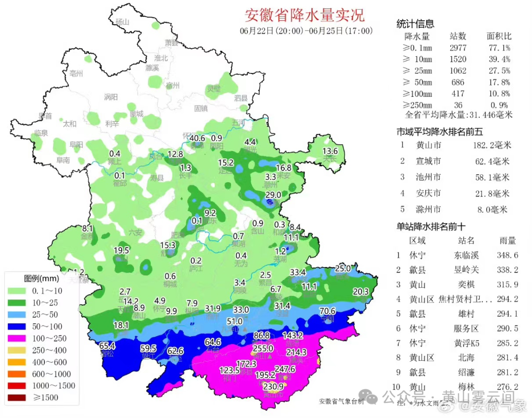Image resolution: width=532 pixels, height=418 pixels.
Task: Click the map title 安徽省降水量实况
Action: click(x=304, y=15)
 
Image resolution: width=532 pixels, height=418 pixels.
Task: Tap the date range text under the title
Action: click(x=306, y=31)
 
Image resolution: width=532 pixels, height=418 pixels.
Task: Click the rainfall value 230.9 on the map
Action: click(x=273, y=386)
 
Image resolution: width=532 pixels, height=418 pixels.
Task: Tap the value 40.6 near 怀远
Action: click(x=197, y=138)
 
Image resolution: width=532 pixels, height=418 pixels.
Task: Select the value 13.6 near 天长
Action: click(x=330, y=151)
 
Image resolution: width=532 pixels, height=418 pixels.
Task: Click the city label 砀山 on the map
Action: click(x=121, y=22)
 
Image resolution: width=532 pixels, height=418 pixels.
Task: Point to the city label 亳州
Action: click(x=76, y=74)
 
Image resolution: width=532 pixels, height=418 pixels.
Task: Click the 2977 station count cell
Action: click(x=458, y=48)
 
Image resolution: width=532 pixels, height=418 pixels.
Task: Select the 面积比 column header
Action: click(x=499, y=36)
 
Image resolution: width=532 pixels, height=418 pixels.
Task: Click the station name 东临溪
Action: click(x=465, y=255)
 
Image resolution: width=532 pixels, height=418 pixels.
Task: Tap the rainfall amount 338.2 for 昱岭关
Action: click(x=508, y=270)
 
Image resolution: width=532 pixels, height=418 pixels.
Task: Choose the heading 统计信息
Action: click(x=415, y=24)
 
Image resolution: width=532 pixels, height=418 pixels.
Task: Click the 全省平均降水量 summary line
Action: click(x=459, y=115)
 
